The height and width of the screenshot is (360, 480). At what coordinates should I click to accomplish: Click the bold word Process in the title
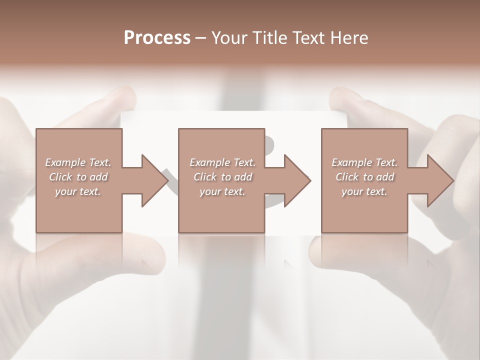tap(157, 37)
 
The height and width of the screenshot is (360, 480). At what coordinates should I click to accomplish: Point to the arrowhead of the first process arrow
tap(154, 180)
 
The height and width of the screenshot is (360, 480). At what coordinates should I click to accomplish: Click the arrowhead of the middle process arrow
tap(297, 180)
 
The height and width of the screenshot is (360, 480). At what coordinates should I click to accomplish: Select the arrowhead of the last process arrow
tap(440, 180)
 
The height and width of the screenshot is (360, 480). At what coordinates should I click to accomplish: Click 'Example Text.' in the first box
tap(78, 162)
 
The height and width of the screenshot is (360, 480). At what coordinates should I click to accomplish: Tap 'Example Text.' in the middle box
tap(222, 162)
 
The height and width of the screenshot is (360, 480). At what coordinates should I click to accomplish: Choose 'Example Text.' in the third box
tap(364, 162)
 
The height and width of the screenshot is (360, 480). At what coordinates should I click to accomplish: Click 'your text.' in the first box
tap(78, 191)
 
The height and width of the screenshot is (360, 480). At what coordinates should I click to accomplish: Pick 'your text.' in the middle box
tap(222, 191)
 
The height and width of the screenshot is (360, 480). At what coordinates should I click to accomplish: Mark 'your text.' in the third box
tap(364, 191)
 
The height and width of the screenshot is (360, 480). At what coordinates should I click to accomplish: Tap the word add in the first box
tap(98, 177)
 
